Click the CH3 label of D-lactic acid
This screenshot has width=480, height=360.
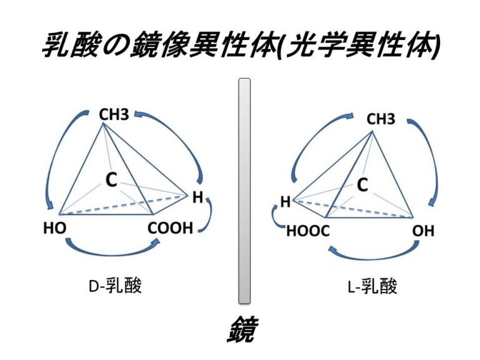click(x=114, y=115)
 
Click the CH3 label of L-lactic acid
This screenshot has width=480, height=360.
click(x=381, y=119)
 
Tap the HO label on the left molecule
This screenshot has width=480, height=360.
click(x=55, y=228)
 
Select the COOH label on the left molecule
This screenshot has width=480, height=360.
click(x=170, y=228)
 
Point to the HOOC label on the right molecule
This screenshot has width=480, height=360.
click(x=308, y=231)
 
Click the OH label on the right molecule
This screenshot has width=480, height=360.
click(x=423, y=231)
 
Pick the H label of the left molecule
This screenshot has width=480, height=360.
click(x=197, y=197)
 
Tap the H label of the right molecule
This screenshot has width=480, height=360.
click(x=285, y=202)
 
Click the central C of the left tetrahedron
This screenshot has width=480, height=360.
click(x=111, y=180)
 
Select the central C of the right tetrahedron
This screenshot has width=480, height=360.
click(x=362, y=184)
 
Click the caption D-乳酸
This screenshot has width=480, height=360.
click(x=115, y=286)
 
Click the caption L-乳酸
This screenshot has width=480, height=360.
click(x=372, y=286)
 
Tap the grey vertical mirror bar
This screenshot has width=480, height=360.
click(x=244, y=191)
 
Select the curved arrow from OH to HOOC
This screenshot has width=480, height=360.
click(x=374, y=256)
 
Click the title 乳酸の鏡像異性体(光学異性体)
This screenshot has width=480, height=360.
click(x=241, y=45)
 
